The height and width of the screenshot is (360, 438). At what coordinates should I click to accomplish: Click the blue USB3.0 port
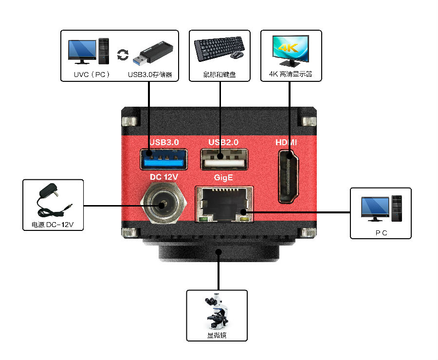(164, 159)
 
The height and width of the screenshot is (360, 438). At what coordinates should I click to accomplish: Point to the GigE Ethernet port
(223, 204)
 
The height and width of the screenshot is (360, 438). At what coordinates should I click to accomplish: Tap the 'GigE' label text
(223, 178)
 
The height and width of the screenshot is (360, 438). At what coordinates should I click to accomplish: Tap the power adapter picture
(53, 202)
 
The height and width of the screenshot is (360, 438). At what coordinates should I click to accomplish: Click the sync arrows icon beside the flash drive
(123, 54)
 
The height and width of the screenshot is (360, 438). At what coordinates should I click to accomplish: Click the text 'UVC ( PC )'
(90, 75)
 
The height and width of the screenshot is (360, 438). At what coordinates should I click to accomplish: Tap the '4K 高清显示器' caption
(291, 75)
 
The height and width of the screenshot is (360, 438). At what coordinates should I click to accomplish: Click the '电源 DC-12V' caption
(53, 226)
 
